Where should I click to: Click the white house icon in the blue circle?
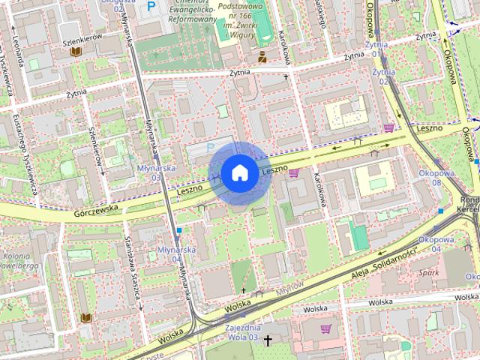pyautogui.click(x=239, y=172)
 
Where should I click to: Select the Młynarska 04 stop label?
pyautogui.click(x=178, y=254)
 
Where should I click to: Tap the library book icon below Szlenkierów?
pyautogui.click(x=75, y=52)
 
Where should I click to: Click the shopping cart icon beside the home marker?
pyautogui.click(x=293, y=173)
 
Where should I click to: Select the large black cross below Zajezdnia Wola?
pyautogui.click(x=268, y=339)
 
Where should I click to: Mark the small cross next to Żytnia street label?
pyautogui.click(x=286, y=76)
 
